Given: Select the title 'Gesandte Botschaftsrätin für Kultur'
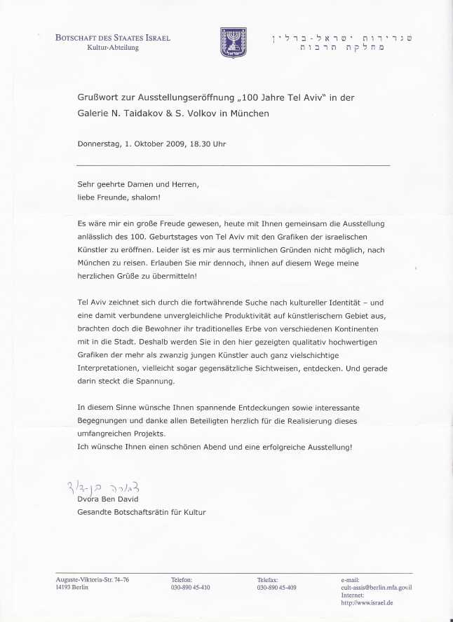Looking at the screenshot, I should point(142,512).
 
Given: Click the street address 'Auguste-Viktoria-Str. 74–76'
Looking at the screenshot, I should point(93,580).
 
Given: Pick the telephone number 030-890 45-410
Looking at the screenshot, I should point(190,587).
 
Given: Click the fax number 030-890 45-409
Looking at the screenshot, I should point(276,587).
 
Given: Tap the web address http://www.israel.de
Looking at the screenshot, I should point(366,602).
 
